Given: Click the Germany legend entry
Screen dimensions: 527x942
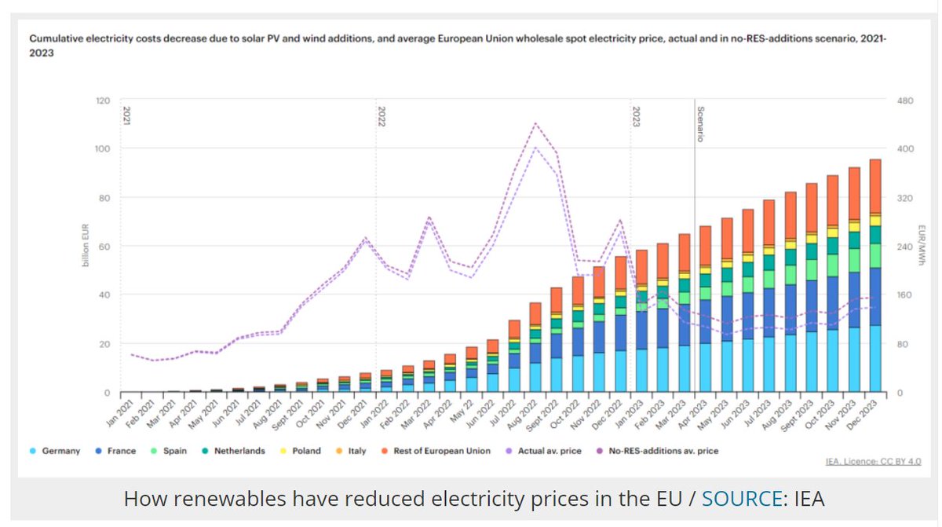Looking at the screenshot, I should click(60, 451).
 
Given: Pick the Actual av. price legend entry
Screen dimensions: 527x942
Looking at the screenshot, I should click(549, 451).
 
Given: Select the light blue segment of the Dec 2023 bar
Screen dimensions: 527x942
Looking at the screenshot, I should click(874, 358).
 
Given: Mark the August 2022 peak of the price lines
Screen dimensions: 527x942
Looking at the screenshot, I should click(535, 124).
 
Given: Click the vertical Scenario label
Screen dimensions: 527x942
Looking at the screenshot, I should click(700, 124).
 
